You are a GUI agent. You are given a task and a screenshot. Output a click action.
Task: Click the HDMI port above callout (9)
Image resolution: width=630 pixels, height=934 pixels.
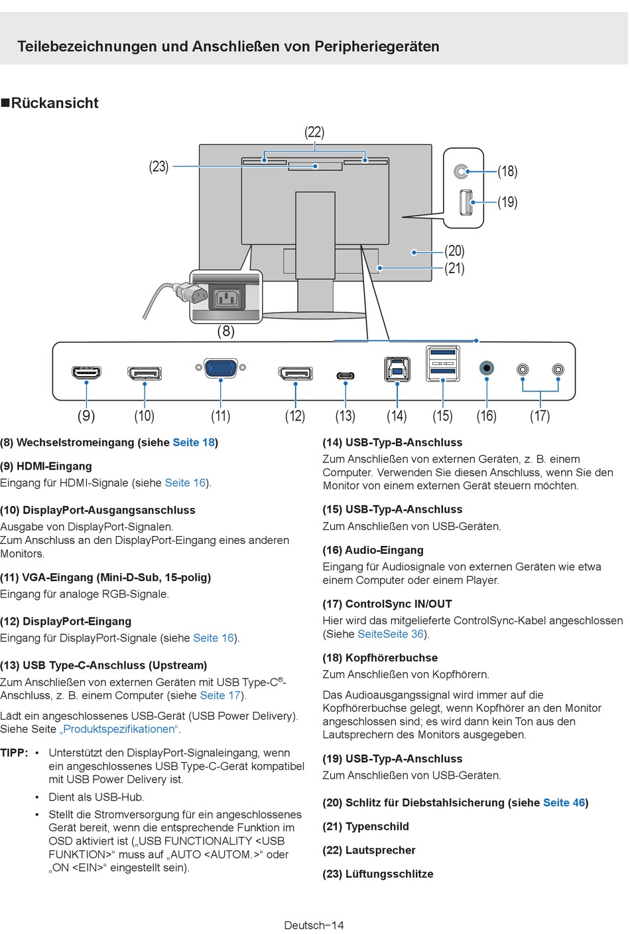(x=87, y=372)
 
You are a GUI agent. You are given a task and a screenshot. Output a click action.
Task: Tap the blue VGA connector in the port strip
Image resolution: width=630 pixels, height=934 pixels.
(x=221, y=367)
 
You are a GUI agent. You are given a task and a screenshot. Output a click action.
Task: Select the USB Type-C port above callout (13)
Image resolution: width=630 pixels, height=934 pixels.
(x=345, y=376)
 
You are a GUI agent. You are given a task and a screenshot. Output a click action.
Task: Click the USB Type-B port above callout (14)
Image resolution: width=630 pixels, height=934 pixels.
(x=397, y=369)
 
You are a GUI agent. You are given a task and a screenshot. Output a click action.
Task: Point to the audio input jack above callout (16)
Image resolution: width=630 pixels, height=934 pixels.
(x=486, y=367)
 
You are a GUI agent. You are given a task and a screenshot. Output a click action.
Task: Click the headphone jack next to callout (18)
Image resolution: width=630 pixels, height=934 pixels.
(x=461, y=172)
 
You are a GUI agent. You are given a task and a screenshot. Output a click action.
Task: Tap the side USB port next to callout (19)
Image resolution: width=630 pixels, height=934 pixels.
(x=466, y=202)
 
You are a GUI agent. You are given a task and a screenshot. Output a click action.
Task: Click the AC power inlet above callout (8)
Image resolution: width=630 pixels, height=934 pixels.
(x=227, y=299)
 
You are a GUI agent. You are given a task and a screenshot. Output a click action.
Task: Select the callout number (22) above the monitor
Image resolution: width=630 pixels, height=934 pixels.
(x=314, y=132)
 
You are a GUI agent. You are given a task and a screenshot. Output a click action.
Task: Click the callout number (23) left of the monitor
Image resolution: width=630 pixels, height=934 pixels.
(x=158, y=167)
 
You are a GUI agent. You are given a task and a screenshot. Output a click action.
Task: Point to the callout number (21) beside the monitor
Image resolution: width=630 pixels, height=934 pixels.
(x=454, y=269)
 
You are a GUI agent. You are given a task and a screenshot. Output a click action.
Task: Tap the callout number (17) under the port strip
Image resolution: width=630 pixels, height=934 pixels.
(x=540, y=416)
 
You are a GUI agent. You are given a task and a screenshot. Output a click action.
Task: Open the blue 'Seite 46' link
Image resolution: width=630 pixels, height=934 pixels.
(x=564, y=803)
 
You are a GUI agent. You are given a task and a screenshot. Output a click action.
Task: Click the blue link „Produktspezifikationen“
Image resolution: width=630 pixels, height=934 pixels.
(x=119, y=729)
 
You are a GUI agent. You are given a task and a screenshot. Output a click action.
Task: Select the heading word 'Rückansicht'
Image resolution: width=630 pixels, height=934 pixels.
(x=54, y=103)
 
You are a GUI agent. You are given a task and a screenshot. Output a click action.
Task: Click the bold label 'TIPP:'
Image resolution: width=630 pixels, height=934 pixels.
(x=14, y=753)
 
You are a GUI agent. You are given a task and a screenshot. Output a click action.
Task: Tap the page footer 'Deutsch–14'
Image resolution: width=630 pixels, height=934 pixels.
(x=314, y=925)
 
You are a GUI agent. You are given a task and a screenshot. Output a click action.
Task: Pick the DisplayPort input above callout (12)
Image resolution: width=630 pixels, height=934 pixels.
(x=295, y=373)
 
